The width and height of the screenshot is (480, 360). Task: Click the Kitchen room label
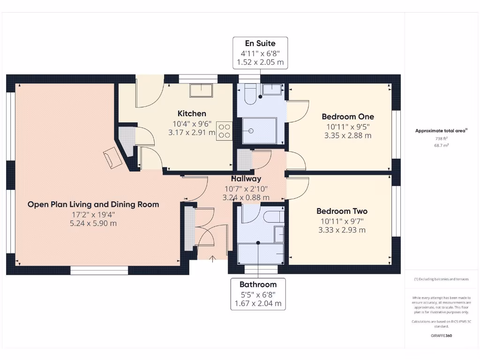(x=192, y=113)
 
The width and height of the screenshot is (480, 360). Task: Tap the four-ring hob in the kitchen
(x=224, y=131)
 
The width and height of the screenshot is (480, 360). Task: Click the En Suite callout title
(x=260, y=44)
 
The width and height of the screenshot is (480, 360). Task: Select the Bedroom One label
(x=348, y=116)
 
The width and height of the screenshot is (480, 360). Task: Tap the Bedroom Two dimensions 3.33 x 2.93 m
(x=341, y=230)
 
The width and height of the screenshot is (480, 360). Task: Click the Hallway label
(x=246, y=179)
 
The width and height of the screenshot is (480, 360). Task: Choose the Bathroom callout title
(x=258, y=284)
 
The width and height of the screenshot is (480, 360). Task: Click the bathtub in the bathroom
(x=261, y=254)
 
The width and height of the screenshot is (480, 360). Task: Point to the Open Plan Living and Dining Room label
(x=93, y=204)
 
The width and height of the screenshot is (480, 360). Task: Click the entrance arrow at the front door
(x=213, y=258)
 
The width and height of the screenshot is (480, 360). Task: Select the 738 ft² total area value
(x=441, y=139)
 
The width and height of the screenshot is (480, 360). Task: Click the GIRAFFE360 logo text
(x=441, y=336)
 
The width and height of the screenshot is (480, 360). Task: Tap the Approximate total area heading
(x=441, y=131)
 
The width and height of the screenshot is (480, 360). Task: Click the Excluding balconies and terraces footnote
(x=441, y=279)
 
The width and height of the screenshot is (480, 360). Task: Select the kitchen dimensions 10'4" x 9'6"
(x=192, y=124)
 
